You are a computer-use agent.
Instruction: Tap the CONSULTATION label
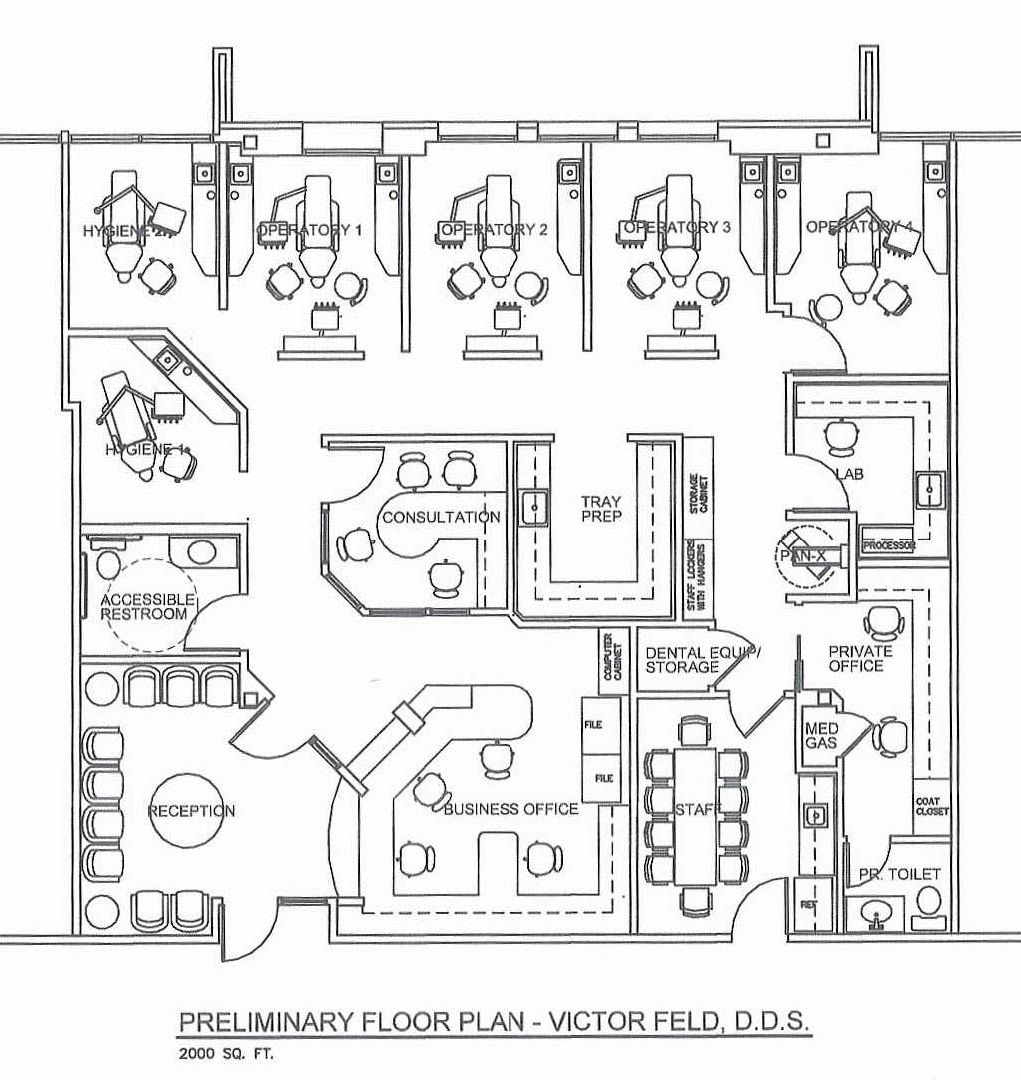[441, 517]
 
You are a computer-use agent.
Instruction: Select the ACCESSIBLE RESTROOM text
[145, 606]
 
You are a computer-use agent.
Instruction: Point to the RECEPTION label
[192, 810]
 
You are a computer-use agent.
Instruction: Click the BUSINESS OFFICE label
[510, 808]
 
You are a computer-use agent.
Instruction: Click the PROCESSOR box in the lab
[889, 545]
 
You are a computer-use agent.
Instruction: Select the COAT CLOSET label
[932, 806]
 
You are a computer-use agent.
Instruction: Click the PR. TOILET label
[899, 874]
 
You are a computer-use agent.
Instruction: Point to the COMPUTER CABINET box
[609, 659]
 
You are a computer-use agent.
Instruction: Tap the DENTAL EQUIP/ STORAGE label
[702, 660]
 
